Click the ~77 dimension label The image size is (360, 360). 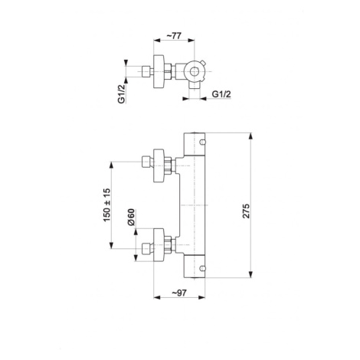click(x=174, y=36)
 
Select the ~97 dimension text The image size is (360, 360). click(x=179, y=293)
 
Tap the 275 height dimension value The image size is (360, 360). click(x=246, y=211)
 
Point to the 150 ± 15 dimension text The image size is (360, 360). click(x=107, y=205)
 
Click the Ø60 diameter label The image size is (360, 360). click(x=131, y=217)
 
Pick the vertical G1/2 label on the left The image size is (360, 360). click(x=122, y=93)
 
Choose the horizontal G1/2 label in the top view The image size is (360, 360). click(x=221, y=94)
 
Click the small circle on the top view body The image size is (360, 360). click(x=195, y=72)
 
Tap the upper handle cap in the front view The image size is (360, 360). click(x=195, y=144)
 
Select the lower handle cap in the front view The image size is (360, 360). click(x=195, y=267)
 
